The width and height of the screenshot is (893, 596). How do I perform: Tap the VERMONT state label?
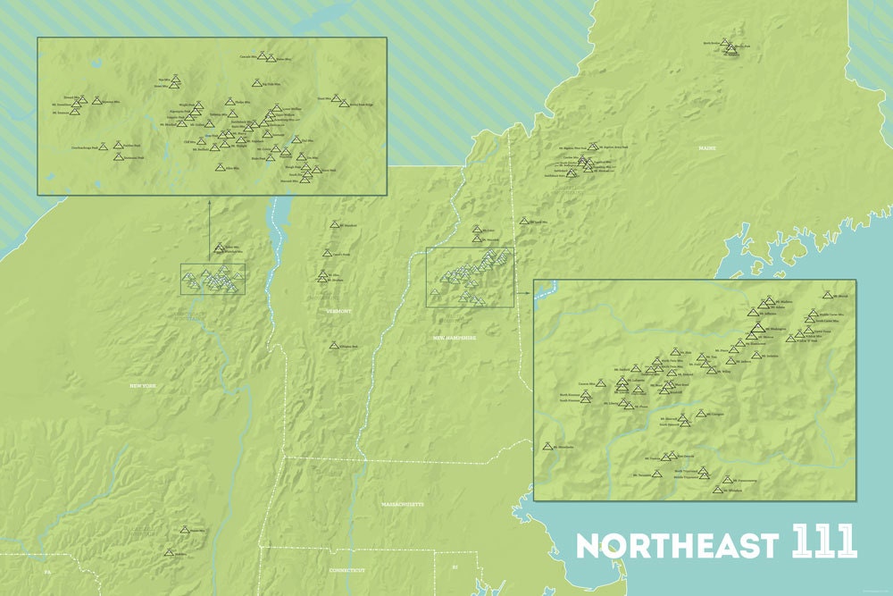pos(340,311)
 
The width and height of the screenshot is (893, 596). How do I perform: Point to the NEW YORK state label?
pos(143,385)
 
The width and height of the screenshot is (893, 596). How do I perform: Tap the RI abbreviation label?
pos(454,567)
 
